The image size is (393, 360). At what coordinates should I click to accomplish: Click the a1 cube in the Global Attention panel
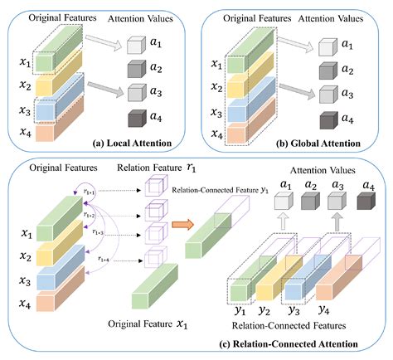click(x=322, y=46)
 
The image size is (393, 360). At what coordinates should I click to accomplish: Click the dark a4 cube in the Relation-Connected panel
click(x=363, y=200)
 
